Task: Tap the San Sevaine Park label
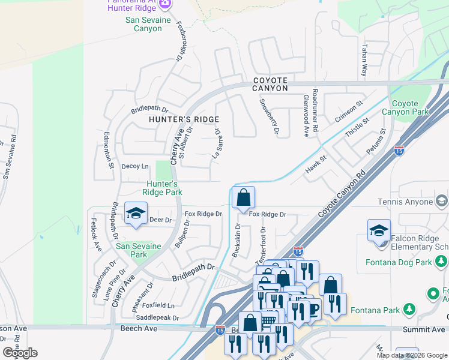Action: tap(139, 250)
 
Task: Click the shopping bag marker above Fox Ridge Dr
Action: tap(243, 197)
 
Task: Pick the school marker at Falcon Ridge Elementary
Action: tap(379, 232)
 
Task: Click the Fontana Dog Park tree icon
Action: tap(442, 261)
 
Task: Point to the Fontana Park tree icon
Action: tap(409, 309)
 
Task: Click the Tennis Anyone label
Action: tap(405, 202)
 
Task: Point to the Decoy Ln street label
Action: tap(134, 166)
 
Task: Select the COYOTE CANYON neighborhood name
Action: tap(270, 84)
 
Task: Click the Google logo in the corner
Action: tap(20, 353)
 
